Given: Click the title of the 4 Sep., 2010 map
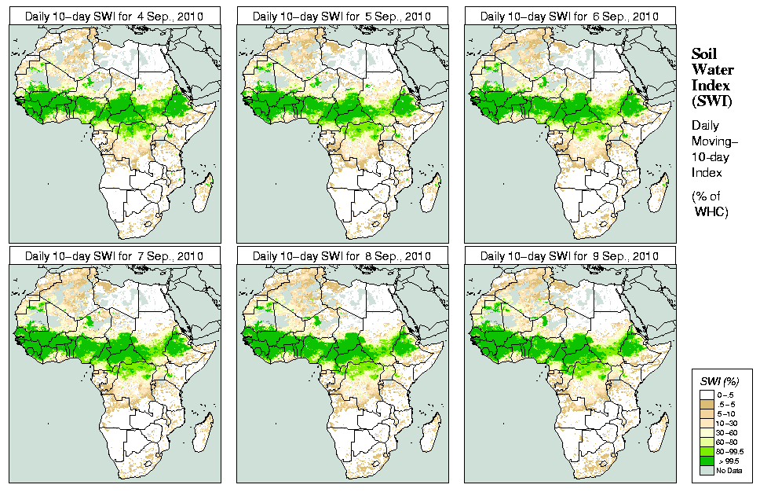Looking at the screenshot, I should (114, 16).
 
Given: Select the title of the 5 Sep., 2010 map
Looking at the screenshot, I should (342, 16).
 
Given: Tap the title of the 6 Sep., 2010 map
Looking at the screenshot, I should (569, 16).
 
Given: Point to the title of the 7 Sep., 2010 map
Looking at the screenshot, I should (114, 256).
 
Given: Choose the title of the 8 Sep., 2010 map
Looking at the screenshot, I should (342, 256).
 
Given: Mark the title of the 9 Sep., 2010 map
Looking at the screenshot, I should (569, 256).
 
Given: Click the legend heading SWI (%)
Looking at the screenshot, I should (718, 381).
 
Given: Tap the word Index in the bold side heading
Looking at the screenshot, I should (711, 85).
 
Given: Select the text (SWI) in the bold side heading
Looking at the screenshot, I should (711, 101).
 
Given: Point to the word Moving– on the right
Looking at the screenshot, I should (713, 142).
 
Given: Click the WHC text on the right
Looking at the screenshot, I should (712, 212).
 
